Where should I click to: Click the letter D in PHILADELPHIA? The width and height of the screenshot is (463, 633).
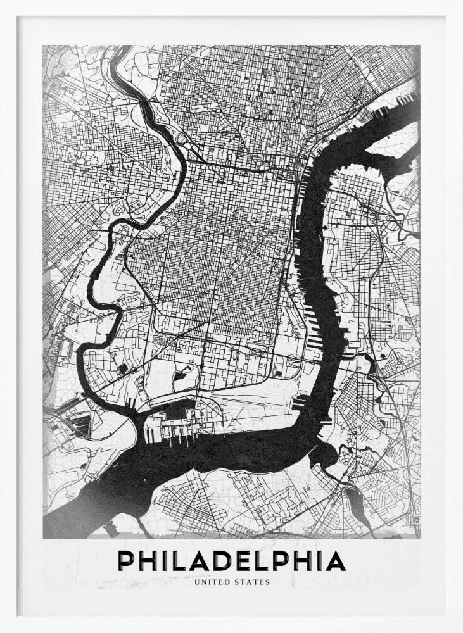coord(222,561)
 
